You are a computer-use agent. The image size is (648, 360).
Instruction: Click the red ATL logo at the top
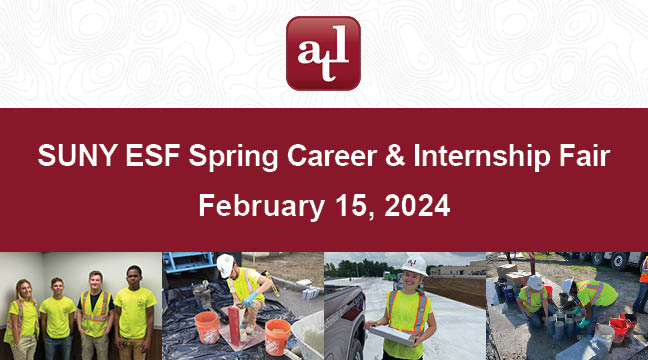coord(323,53)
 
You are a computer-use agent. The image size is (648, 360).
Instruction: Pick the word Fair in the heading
coord(582,157)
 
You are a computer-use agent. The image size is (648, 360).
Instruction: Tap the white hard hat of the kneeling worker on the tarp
coord(226,264)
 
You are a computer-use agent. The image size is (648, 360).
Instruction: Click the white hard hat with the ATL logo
coord(412,265)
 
